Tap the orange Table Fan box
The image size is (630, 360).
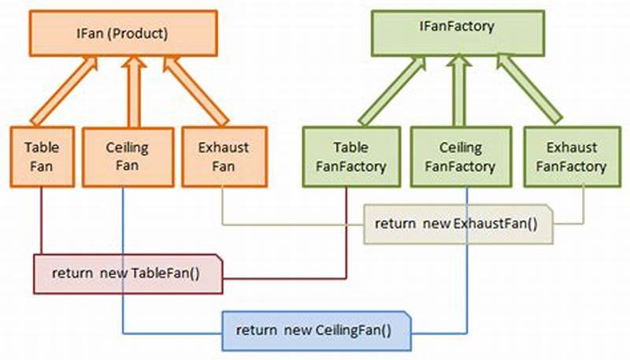tap(41, 156)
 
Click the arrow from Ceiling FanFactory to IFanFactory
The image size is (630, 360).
tap(457, 91)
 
